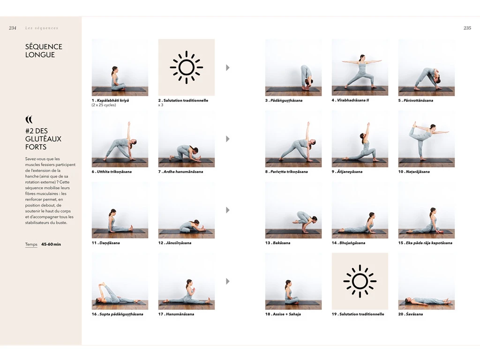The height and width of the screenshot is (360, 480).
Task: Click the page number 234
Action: pos(13,28)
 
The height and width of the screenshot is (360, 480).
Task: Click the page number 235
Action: pos(467,28)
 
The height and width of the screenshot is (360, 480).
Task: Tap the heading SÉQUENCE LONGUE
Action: pos(44,51)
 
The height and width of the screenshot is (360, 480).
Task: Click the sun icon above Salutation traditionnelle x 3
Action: pos(187,67)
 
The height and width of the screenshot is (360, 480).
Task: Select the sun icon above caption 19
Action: pos(360,281)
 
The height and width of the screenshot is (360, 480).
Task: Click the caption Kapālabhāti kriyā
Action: pos(113,100)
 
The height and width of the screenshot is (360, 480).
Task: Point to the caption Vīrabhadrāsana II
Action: pos(353,100)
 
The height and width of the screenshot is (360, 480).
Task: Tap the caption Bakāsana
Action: pos(281,243)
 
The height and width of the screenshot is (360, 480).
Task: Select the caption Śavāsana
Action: pos(414,314)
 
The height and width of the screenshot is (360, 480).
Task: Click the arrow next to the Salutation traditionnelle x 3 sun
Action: pos(228,67)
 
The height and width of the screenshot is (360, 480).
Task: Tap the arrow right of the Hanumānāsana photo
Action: pos(228,281)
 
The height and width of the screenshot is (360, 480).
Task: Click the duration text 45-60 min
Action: pos(51,244)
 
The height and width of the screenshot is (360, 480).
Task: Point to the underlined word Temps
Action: pos(31,244)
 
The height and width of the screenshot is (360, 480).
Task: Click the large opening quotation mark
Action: pos(29,119)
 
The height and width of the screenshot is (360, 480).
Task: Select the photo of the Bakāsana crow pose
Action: pos(293,210)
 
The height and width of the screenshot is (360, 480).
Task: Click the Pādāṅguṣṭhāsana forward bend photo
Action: pos(293,67)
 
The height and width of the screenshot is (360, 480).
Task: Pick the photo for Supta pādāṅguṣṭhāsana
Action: pos(120,281)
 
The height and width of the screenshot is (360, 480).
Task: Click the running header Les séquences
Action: pos(42,28)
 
